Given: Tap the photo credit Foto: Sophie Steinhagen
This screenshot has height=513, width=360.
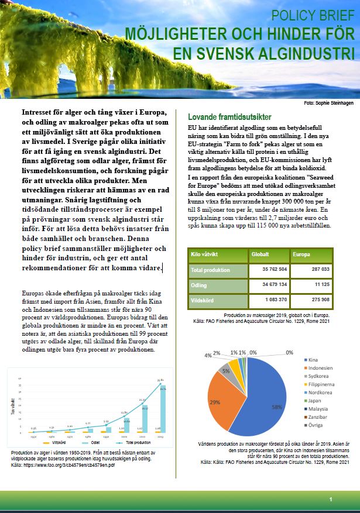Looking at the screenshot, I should [330, 103].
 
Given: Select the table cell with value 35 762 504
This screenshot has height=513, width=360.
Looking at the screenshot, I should [270, 271].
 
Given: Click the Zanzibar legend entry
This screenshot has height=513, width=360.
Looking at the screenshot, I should [318, 416].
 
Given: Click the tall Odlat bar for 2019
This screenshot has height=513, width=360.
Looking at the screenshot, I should [162, 416].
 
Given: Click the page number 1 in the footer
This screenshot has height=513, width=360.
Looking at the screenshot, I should [331, 500].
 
